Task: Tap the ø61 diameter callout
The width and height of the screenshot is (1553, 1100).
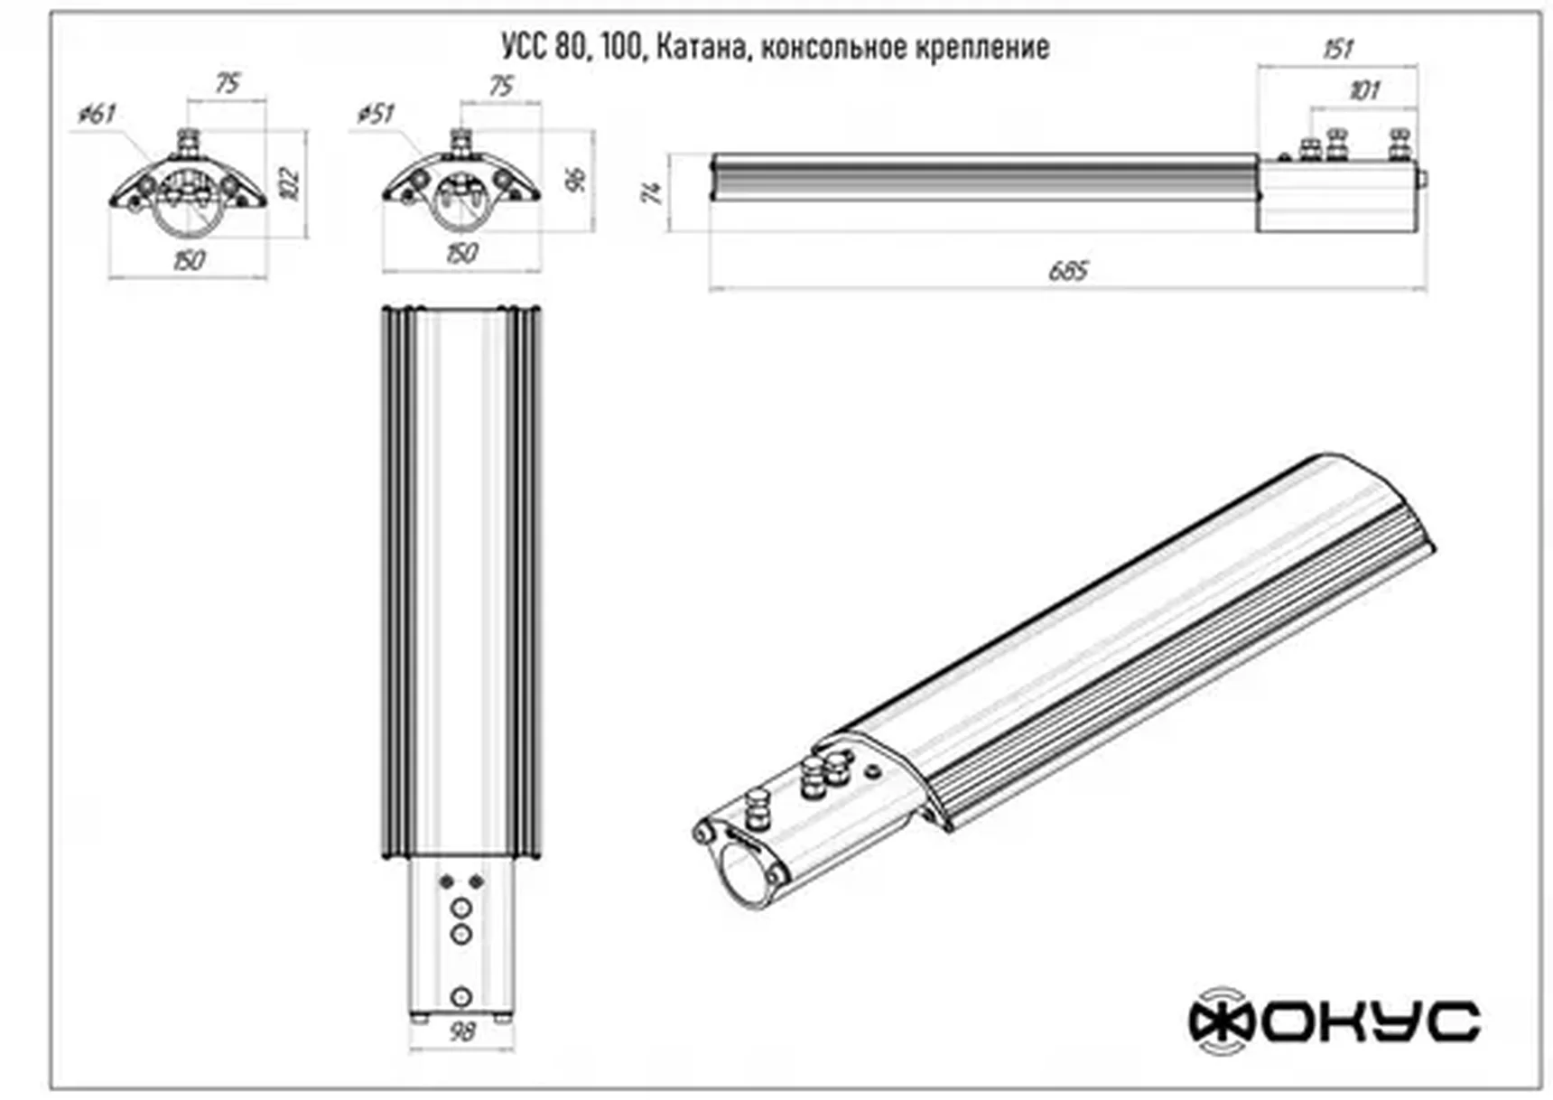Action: click(98, 114)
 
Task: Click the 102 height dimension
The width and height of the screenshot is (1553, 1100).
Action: click(291, 183)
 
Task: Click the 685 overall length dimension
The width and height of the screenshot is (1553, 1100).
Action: click(1069, 271)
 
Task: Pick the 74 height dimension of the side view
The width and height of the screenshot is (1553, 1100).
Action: click(654, 191)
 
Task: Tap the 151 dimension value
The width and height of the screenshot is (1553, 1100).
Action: click(1338, 49)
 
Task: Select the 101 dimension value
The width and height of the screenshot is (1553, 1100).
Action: click(1364, 90)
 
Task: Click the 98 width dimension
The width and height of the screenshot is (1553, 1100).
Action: click(461, 1031)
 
